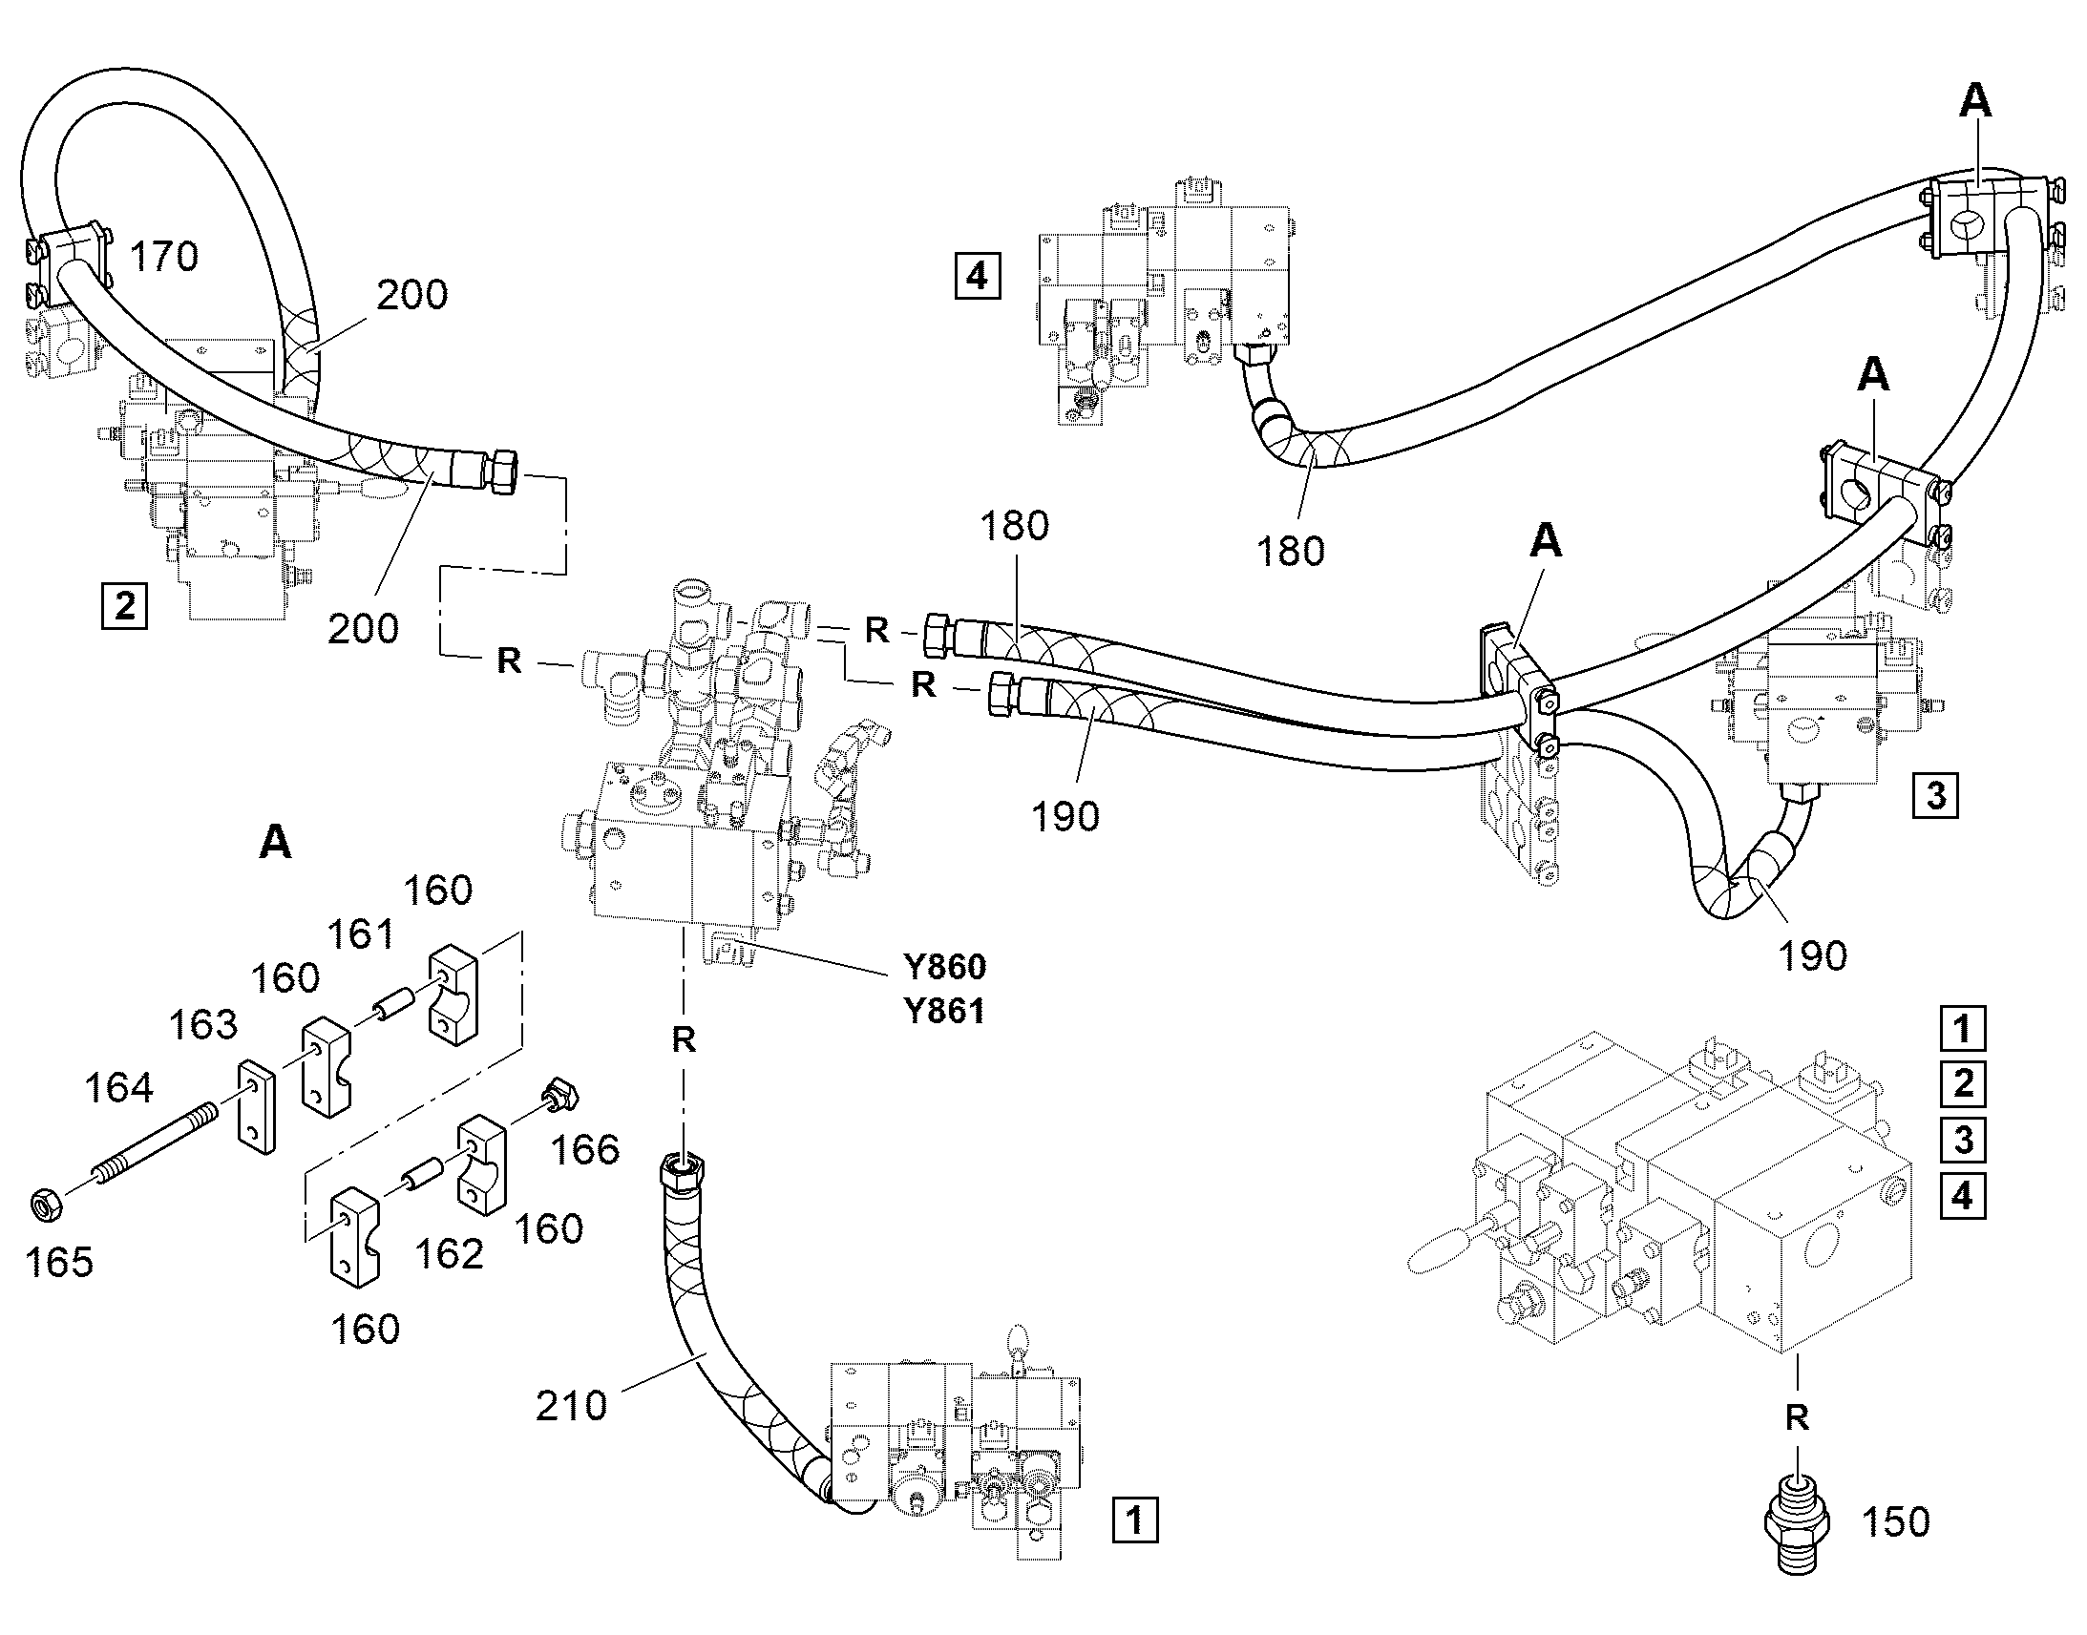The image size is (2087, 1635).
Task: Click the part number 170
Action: [163, 257]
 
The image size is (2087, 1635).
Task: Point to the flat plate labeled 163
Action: [257, 1105]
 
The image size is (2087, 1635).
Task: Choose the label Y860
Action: [944, 967]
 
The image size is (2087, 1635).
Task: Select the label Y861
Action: [944, 1011]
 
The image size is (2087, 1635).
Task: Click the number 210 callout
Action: [572, 1405]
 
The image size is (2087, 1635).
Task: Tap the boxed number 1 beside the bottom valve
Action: [1134, 1520]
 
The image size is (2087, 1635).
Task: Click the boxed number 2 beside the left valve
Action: [124, 606]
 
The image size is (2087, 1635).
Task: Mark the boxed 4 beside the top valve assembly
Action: [977, 277]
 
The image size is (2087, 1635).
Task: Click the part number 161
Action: [362, 934]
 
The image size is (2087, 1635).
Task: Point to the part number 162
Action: [450, 1254]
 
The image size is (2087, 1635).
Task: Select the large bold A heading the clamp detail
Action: [276, 843]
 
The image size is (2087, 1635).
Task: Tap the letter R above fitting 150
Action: [1797, 1416]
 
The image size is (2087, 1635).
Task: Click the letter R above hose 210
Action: [684, 1039]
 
